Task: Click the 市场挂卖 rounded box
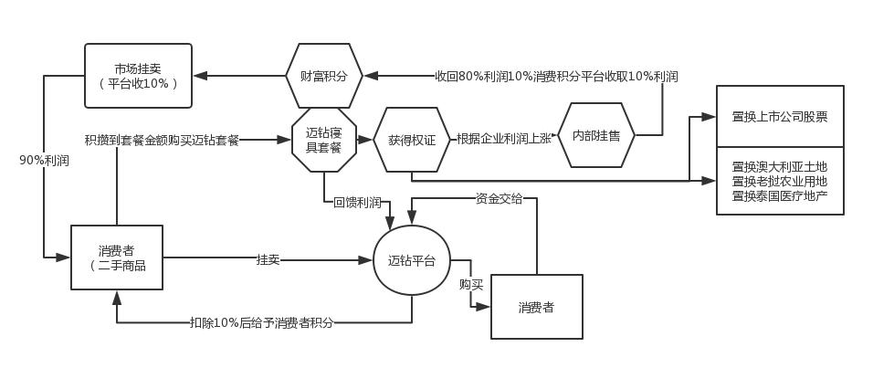138,76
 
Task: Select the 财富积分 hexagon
324,76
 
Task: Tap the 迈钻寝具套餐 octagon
324,140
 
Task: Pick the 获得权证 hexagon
412,140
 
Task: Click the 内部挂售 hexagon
595,135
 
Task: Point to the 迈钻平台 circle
412,260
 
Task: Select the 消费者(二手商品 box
117,258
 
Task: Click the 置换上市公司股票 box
780,117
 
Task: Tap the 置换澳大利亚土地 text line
780,167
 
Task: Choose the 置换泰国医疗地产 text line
780,195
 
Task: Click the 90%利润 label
44,160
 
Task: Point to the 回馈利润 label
357,202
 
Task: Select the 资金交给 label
499,198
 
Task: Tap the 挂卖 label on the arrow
268,260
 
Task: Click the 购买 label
471,285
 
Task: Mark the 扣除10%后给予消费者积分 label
261,322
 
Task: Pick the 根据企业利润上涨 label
503,140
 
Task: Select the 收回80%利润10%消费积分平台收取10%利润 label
555,77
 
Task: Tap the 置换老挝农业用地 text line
780,181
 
